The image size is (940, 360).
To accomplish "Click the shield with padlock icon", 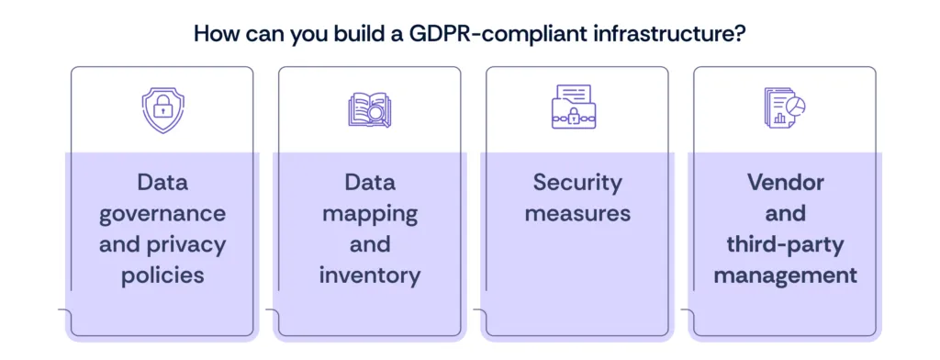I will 162,110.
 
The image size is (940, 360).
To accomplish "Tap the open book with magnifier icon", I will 369,109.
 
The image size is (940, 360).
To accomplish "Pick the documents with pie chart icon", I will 783,108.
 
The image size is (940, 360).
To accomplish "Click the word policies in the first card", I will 162,275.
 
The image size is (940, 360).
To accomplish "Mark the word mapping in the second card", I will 370,214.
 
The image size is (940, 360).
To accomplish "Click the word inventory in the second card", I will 370,275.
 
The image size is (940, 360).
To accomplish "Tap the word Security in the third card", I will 576,182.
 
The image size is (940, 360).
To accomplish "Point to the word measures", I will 576,214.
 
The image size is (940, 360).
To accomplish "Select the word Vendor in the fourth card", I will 785,182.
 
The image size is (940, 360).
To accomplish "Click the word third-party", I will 785,244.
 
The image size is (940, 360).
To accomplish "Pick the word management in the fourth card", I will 785,275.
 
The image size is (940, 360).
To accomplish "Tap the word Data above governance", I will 162,182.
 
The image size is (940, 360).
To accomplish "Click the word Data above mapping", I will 370,182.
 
